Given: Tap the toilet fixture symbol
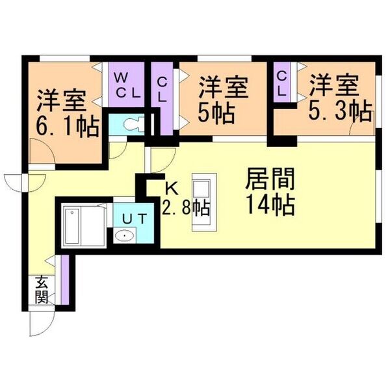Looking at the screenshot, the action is (x=134, y=123).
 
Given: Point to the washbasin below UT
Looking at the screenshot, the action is (x=125, y=235).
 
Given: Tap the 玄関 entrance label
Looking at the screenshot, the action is (x=42, y=290).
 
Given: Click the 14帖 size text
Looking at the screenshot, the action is (x=270, y=205).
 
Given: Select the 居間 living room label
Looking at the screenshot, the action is (x=270, y=178).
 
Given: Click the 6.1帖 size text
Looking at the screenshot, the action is (x=68, y=127).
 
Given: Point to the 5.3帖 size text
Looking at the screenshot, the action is (x=341, y=111).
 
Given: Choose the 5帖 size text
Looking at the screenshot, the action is (x=216, y=114).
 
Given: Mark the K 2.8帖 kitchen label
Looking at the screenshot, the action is (x=185, y=200).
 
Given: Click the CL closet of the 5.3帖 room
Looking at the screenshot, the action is (x=282, y=82).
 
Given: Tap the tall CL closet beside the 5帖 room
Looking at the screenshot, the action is (x=162, y=99).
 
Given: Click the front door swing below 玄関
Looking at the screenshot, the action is (x=42, y=323).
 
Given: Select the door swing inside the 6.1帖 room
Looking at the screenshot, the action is (x=42, y=151).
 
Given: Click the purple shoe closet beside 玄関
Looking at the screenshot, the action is (x=65, y=279).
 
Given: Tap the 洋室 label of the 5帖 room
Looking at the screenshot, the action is (x=224, y=87).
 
